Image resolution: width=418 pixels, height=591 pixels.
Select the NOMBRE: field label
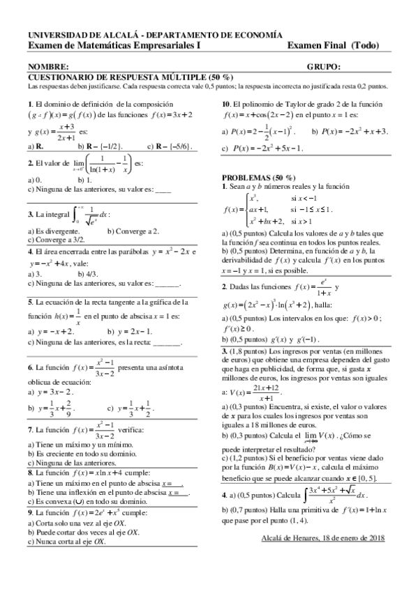coord(46,67)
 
